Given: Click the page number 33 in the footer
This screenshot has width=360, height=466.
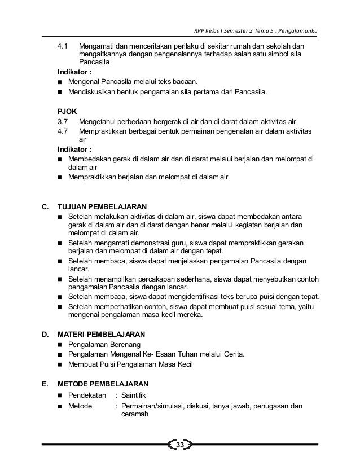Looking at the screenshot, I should (x=180, y=446).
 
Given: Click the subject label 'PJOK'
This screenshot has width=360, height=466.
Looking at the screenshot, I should (x=67, y=112).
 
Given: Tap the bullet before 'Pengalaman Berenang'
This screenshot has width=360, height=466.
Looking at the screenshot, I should (x=60, y=344).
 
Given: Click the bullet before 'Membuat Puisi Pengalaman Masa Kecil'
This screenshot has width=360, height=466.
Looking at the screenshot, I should (x=60, y=364).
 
